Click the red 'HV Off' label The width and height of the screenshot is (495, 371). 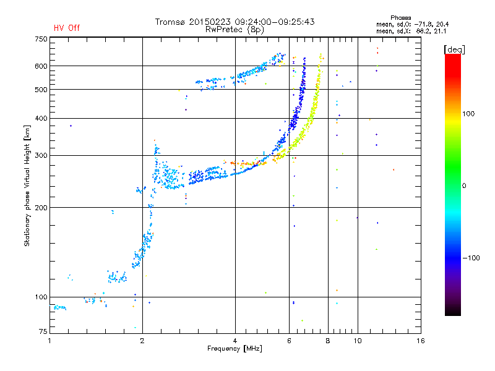(66, 28)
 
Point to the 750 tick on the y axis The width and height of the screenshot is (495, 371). (40, 38)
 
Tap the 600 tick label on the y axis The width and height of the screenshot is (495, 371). (40, 66)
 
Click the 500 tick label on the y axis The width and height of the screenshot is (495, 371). (40, 89)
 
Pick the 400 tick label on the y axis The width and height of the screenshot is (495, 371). (40, 118)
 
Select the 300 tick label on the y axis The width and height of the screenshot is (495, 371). (40, 155)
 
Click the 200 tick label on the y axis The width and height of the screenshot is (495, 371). (40, 207)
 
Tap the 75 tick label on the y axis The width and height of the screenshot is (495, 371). (42, 333)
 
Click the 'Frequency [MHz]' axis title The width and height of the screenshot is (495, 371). (235, 349)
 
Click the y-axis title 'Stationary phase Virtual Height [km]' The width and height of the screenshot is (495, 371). (27, 185)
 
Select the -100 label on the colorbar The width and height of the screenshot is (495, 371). (473, 257)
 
